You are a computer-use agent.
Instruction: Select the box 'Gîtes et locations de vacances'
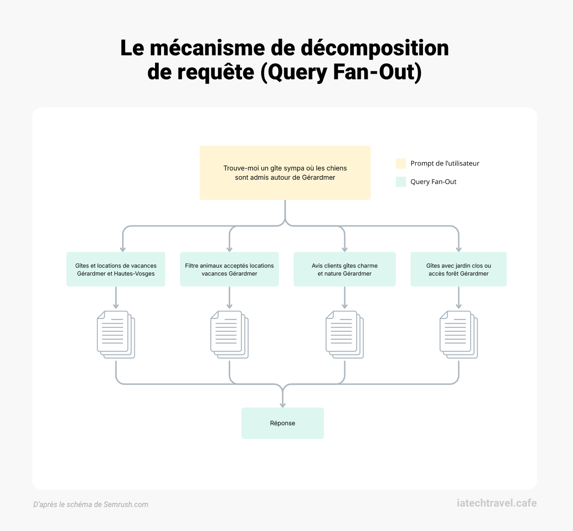click(x=116, y=269)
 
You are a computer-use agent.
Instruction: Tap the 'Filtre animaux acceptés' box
click(x=229, y=269)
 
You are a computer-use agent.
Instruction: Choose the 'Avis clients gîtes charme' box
click(x=345, y=269)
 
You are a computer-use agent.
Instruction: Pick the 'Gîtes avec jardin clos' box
click(x=459, y=269)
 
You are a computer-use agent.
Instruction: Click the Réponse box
click(x=282, y=423)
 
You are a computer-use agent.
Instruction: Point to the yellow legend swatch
click(x=401, y=164)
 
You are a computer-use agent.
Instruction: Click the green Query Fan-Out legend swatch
click(x=401, y=182)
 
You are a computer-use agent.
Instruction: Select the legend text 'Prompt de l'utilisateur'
click(x=445, y=164)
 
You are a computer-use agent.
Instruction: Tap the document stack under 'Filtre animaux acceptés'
click(x=229, y=335)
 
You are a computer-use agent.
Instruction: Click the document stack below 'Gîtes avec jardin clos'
click(x=459, y=335)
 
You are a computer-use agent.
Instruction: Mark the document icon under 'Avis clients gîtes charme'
click(x=345, y=335)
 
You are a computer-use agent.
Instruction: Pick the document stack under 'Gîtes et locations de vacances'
click(x=116, y=335)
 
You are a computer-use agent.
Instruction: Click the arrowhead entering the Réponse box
click(x=282, y=404)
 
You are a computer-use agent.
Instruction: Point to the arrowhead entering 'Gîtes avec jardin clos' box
click(x=459, y=249)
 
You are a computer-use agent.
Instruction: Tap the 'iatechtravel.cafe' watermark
click(x=496, y=503)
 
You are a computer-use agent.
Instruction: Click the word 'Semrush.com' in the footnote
click(x=126, y=505)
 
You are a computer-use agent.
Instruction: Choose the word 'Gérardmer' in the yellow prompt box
click(x=318, y=177)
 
